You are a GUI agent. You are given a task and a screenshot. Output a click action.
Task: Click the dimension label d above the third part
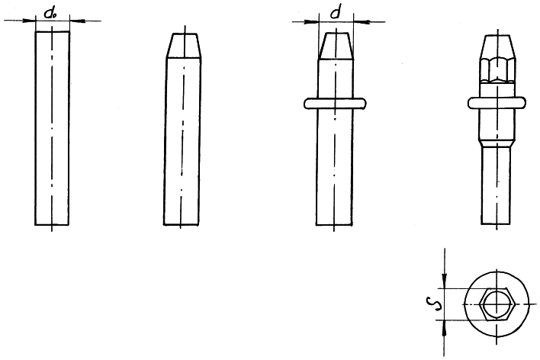(335, 14)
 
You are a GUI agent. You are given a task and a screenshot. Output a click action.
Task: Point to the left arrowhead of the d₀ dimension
(29, 21)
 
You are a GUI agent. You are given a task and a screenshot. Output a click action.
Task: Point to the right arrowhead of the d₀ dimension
(76, 21)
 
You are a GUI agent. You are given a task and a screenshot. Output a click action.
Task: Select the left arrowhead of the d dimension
(312, 22)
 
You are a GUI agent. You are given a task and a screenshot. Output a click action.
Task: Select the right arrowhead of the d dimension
(362, 22)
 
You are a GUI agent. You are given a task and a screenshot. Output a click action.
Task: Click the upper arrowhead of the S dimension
(445, 281)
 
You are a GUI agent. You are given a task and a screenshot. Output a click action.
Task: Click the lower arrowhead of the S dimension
(445, 328)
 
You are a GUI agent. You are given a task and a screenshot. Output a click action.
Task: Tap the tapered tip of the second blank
(185, 46)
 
